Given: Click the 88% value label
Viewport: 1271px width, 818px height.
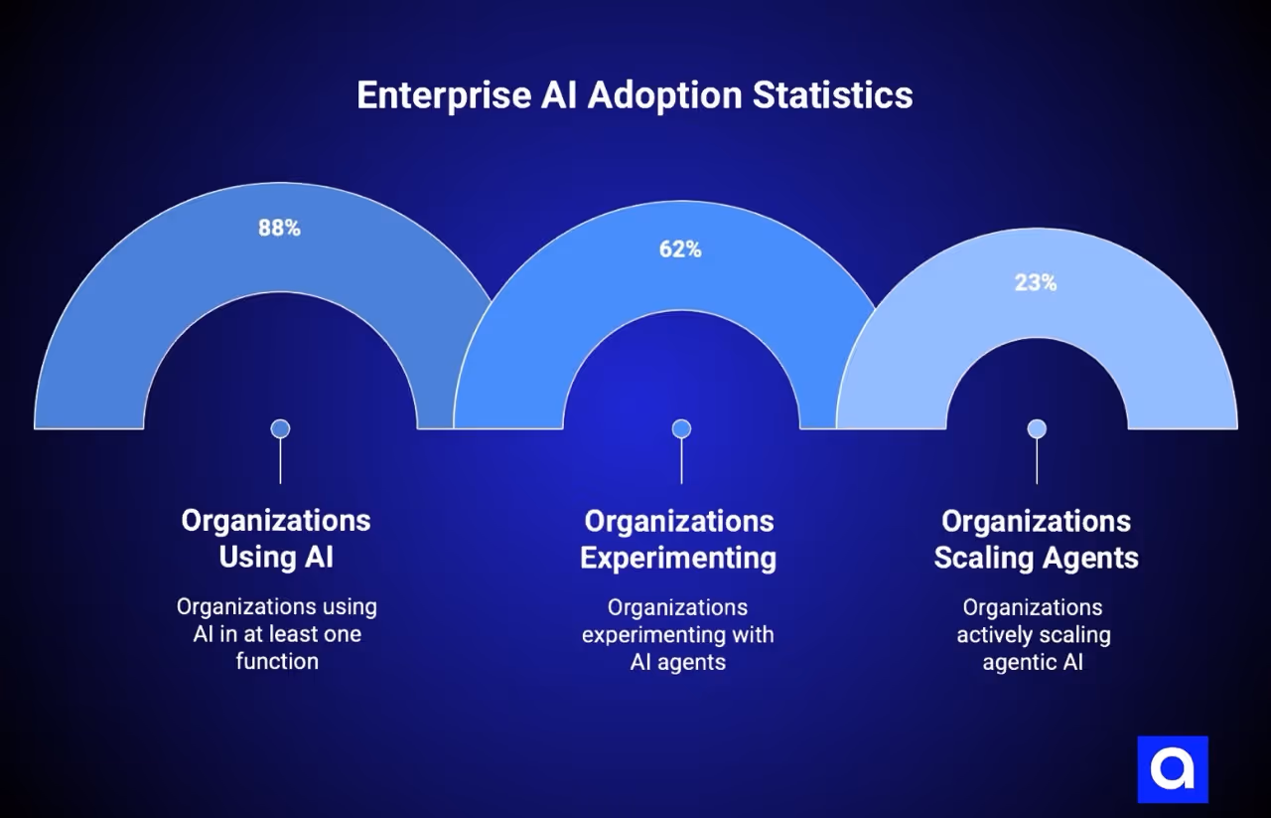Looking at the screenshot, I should pos(279,228).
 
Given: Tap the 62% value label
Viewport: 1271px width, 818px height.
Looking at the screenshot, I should pos(680,249).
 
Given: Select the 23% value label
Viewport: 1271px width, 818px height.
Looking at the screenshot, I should pos(1036,283).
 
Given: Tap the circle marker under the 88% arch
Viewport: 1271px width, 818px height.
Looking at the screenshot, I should pos(280,428).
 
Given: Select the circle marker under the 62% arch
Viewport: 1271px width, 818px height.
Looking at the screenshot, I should pos(681,428).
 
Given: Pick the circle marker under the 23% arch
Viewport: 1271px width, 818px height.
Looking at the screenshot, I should pos(1037,428).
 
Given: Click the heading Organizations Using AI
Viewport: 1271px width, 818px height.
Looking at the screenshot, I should pos(276,539).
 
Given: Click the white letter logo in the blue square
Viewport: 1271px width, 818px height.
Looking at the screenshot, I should pos(1173,768).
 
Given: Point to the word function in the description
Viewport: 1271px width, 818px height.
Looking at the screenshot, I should pos(277,661).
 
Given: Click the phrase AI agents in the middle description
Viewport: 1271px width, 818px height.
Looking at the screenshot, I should pos(678,662).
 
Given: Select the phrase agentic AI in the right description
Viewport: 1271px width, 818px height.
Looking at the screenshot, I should pos(1033,662).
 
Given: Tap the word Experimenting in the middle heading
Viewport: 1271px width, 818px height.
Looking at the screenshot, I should pos(678,558).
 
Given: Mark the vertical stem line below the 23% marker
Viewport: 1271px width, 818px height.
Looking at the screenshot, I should pos(1037,462).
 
